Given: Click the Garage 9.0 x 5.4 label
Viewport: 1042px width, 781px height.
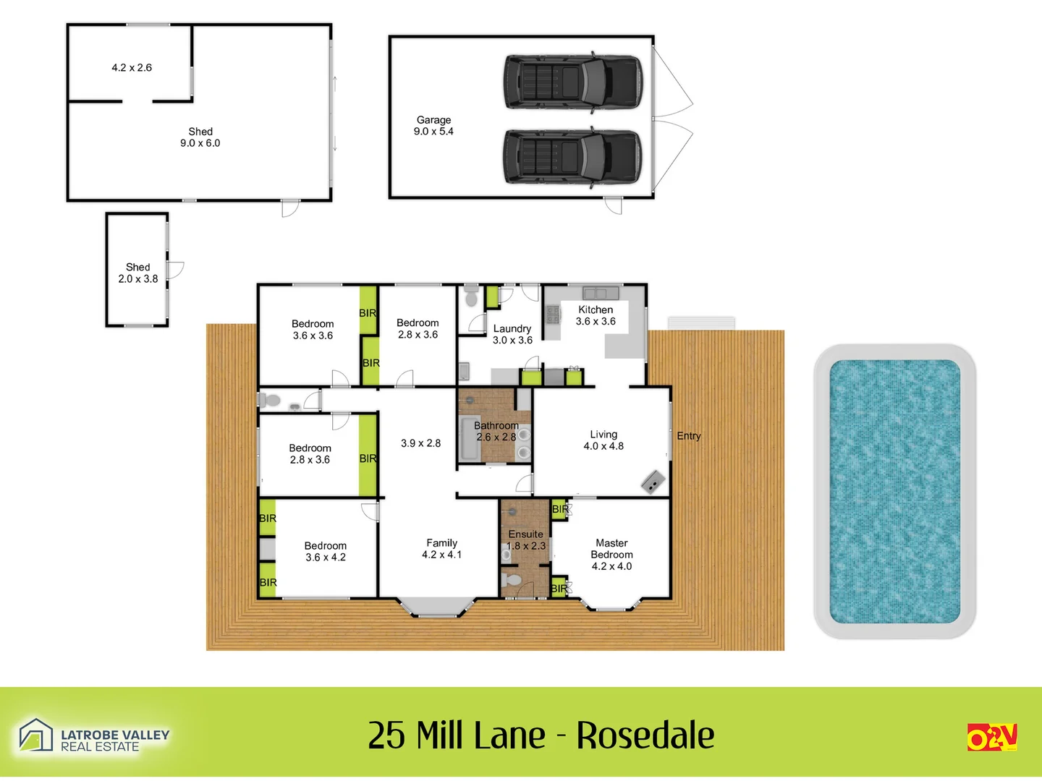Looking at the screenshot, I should pyautogui.click(x=433, y=126).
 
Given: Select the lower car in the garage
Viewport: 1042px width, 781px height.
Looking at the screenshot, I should pyautogui.click(x=572, y=156).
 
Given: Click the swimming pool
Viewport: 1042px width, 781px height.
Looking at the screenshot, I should pyautogui.click(x=894, y=492).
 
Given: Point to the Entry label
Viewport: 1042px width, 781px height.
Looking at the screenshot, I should pyautogui.click(x=689, y=436).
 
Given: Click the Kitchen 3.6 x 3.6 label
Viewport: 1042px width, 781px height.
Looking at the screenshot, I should pyautogui.click(x=596, y=315).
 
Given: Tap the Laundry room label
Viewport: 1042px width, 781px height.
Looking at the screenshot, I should pyautogui.click(x=512, y=334).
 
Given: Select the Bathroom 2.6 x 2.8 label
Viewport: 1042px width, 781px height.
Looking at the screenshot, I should pyautogui.click(x=496, y=432).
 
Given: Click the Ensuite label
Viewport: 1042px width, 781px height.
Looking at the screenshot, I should pyautogui.click(x=526, y=534).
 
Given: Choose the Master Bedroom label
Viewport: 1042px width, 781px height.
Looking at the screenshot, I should pyautogui.click(x=611, y=554).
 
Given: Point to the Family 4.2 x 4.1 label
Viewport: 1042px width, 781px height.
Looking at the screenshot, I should pyautogui.click(x=441, y=549).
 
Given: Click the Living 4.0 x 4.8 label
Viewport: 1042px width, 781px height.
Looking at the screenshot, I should pyautogui.click(x=603, y=440).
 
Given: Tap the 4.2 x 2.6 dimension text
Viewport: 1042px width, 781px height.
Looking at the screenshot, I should pyautogui.click(x=132, y=68).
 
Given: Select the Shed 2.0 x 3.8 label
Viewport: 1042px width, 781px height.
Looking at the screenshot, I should pyautogui.click(x=138, y=273).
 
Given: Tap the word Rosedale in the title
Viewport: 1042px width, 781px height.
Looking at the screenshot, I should pyautogui.click(x=645, y=735).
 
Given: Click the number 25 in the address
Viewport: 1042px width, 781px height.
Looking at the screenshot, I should pyautogui.click(x=386, y=735).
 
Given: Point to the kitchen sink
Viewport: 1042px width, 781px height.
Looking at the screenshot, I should pyautogui.click(x=601, y=293).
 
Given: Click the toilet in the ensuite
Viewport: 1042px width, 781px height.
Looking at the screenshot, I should pyautogui.click(x=512, y=581).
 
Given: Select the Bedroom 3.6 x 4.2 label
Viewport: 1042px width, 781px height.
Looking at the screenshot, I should pyautogui.click(x=326, y=552).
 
